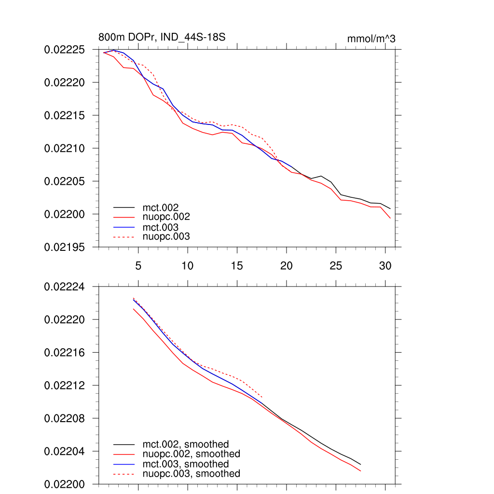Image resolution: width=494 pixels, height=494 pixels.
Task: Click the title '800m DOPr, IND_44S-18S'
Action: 162,37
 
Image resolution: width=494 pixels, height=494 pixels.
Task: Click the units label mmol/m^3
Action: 371,39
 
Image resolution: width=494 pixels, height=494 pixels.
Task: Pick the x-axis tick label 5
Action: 138,266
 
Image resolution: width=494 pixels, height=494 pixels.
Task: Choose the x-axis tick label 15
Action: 237,266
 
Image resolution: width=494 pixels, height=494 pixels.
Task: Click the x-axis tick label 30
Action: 385,266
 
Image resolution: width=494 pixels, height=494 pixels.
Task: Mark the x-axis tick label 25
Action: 336,266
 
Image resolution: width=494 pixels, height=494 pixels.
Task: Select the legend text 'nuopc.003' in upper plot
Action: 166,237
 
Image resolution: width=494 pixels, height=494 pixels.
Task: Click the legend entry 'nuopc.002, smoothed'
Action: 191,454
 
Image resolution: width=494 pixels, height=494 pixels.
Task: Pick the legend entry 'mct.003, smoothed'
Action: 186,464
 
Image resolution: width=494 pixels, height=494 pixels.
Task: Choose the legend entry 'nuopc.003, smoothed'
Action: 191,474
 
